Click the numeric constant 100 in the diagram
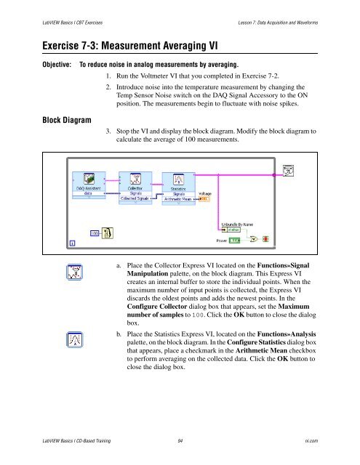(95, 233)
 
